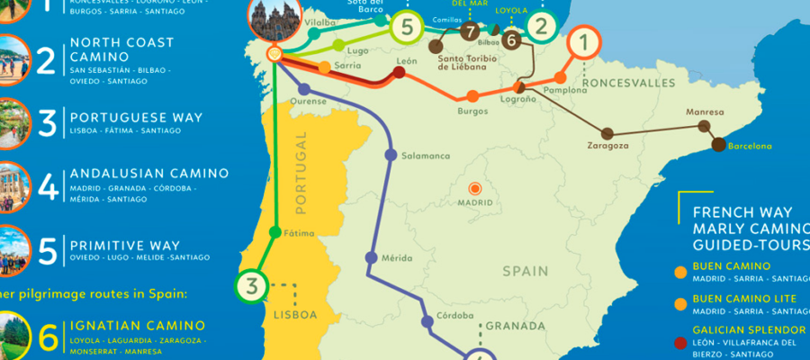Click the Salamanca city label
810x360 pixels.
pos(426,156)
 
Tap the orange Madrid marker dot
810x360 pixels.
pos(474,188)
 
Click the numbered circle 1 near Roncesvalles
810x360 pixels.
pos(584,41)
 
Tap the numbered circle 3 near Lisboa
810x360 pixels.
pos(253,288)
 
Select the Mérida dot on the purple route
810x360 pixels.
pos(370,258)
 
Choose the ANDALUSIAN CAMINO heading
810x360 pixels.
pos(148,173)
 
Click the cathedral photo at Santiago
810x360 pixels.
pos(274,20)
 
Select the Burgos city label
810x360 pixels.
pos(472,112)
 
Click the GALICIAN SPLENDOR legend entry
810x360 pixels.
pos(746,329)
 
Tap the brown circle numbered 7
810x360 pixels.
pos(470,31)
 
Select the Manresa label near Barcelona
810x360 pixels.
pos(704,112)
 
